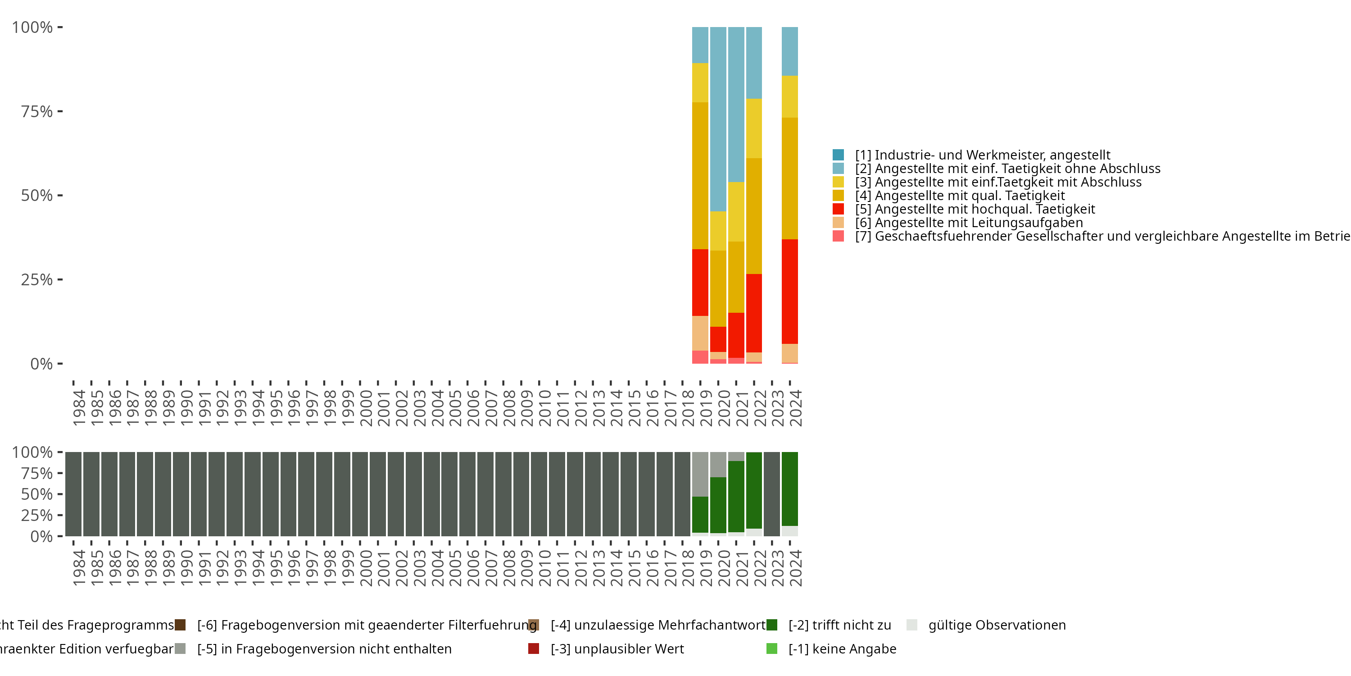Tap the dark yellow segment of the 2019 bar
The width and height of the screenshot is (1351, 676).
tap(700, 175)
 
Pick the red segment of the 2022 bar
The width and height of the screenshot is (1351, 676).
tap(754, 313)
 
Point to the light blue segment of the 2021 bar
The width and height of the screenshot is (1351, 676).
tap(736, 105)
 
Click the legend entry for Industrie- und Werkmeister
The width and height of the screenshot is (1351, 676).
tap(982, 155)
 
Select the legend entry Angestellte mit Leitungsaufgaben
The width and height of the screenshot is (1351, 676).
tap(969, 223)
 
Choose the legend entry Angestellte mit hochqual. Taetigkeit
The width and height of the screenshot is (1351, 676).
tap(975, 209)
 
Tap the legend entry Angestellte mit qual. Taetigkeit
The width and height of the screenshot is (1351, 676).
tap(960, 195)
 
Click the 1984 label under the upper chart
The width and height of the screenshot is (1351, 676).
tap(79, 408)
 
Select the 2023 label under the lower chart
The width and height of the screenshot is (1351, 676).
tap(777, 568)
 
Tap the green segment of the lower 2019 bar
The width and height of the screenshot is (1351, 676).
tap(700, 514)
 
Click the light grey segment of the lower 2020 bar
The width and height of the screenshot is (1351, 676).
tap(718, 465)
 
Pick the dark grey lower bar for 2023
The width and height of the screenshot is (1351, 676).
tap(771, 494)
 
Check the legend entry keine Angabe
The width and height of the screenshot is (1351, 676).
tap(842, 649)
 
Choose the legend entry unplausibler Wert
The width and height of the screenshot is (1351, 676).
tap(617, 649)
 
